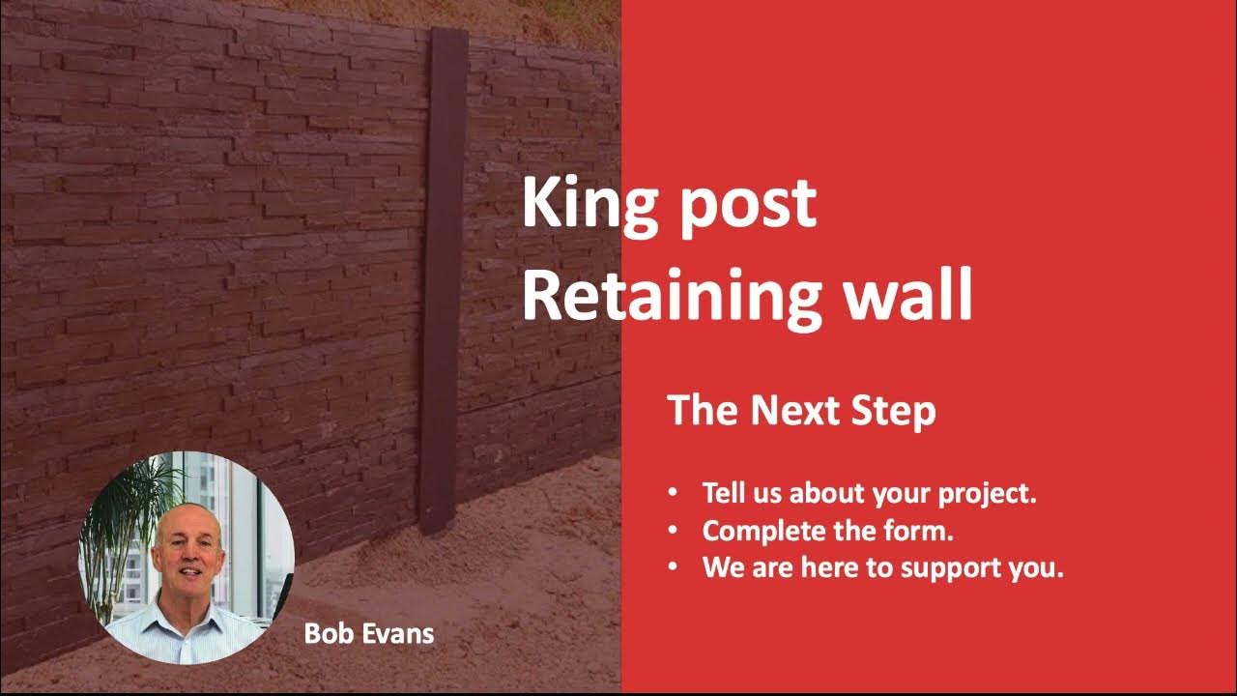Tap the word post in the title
click(x=746, y=208)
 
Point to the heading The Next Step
click(x=801, y=411)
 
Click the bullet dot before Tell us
click(x=674, y=493)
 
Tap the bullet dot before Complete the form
click(x=674, y=531)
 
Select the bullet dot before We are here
click(x=674, y=567)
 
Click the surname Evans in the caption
click(x=399, y=634)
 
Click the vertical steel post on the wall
click(x=443, y=271)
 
